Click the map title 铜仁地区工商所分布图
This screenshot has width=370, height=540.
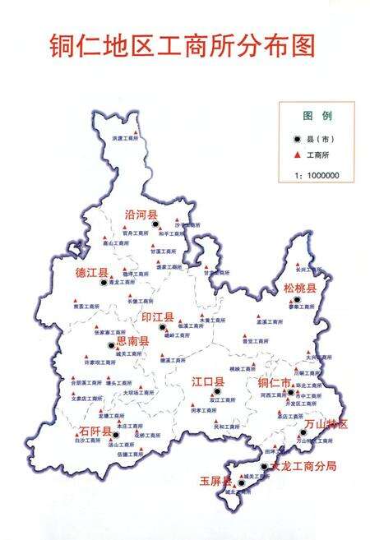pyautogui.click(x=182, y=45)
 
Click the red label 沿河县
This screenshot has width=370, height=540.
pyautogui.click(x=141, y=214)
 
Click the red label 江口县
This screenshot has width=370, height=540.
pyautogui.click(x=208, y=381)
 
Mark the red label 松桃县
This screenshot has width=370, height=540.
pyautogui.click(x=299, y=288)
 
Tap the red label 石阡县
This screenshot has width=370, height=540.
pyautogui.click(x=95, y=430)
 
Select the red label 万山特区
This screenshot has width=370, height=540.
pyautogui.click(x=326, y=423)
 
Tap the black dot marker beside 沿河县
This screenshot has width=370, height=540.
pyautogui.click(x=155, y=224)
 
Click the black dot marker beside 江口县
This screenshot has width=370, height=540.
pyautogui.click(x=217, y=392)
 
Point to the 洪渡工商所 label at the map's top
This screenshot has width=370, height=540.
pyautogui.click(x=127, y=139)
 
